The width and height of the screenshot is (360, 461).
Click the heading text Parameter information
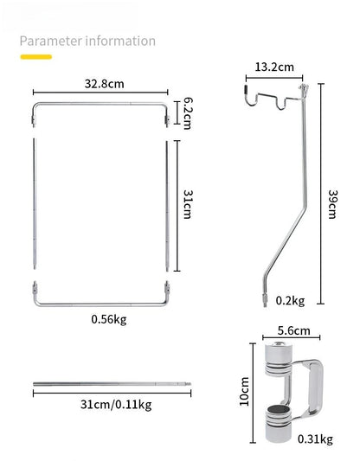point(87,41)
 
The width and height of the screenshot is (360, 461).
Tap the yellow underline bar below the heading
point(36,57)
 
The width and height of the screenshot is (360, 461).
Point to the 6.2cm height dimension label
point(185,112)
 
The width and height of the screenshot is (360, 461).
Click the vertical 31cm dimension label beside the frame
point(185,207)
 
